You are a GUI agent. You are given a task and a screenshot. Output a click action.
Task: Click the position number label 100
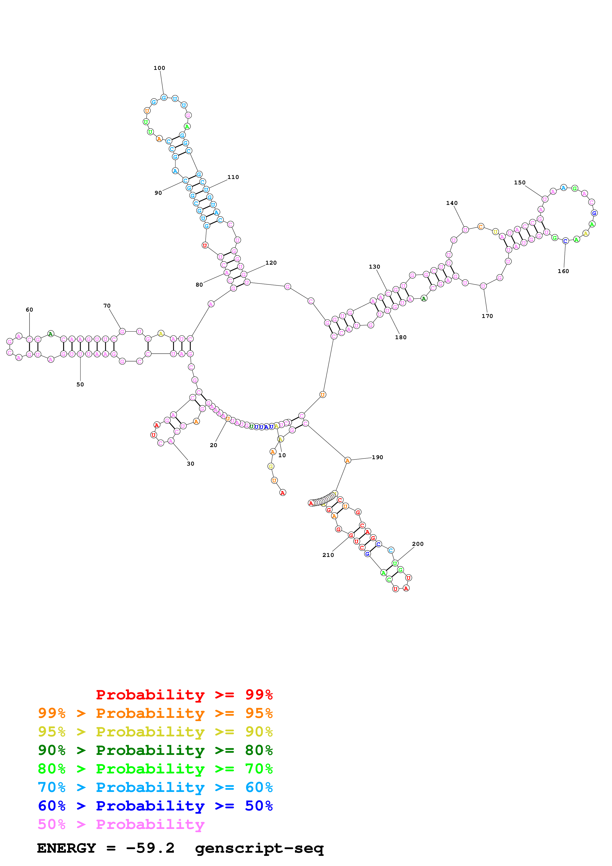point(159,68)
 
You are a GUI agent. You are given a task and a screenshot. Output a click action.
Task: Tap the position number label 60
point(29,310)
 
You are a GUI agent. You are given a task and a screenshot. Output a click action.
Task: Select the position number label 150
point(520,182)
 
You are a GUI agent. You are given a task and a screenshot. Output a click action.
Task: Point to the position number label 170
point(487,316)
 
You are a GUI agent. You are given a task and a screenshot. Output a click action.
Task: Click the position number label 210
point(328,555)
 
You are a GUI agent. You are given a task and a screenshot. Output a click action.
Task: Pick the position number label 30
point(190,464)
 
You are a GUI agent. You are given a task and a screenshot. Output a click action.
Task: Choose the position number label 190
point(377,457)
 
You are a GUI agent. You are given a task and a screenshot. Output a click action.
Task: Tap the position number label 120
point(271,263)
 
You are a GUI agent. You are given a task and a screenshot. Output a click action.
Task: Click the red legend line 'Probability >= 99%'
point(184,694)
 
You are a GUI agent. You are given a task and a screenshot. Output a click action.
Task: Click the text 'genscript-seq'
point(259,848)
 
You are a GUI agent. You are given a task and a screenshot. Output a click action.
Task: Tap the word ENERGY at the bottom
point(66,848)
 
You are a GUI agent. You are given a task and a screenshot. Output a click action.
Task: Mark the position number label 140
point(452,203)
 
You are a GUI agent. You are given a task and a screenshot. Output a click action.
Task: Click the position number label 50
point(80,384)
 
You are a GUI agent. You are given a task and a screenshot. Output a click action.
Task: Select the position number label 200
point(418,544)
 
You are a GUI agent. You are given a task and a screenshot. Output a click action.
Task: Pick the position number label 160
point(563,271)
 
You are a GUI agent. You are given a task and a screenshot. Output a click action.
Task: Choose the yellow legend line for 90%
point(155,731)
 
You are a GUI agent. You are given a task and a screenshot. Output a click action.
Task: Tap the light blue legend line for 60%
point(155,787)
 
